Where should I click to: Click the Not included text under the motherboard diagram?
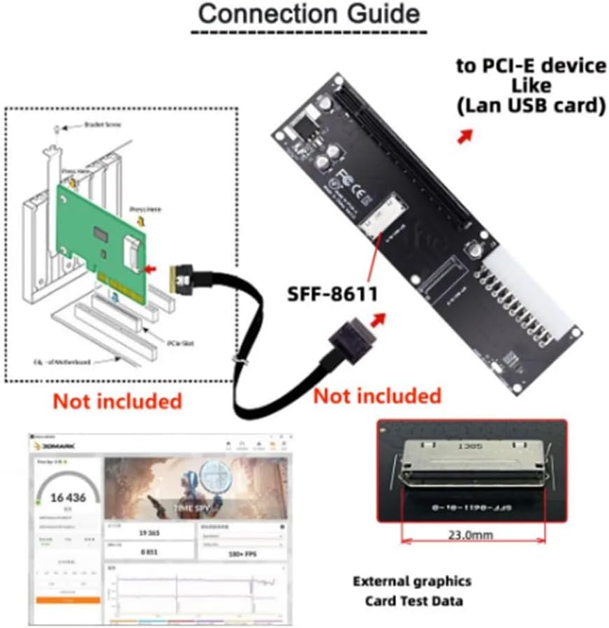pyautogui.click(x=117, y=401)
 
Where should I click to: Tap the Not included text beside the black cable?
pyautogui.click(x=377, y=396)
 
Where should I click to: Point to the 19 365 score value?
pyautogui.click(x=147, y=532)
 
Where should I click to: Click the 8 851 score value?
pyautogui.click(x=147, y=551)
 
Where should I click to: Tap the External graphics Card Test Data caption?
pyautogui.click(x=412, y=590)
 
